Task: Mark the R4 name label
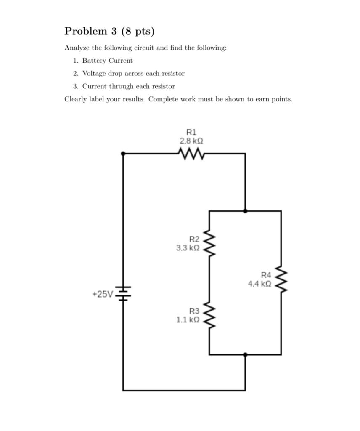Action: (x=266, y=275)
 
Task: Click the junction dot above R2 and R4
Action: (x=245, y=211)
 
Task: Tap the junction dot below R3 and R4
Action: (x=245, y=355)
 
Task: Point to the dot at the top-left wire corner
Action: (x=123, y=154)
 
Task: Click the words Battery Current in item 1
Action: (x=107, y=61)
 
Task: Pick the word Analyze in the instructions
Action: (x=77, y=48)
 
